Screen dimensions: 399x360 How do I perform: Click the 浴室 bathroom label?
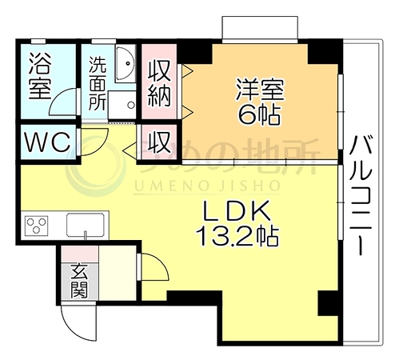pyautogui.click(x=39, y=77)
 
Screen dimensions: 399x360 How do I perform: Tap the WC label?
pyautogui.click(x=48, y=142)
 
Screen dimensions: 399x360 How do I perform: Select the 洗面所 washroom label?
pyautogui.click(x=98, y=83)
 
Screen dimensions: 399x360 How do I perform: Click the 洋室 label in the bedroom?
pyautogui.click(x=260, y=90)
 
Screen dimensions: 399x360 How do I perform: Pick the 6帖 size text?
pyautogui.click(x=260, y=114)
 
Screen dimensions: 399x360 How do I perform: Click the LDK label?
pyautogui.click(x=237, y=210)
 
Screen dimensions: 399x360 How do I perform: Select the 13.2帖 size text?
pyautogui.click(x=237, y=236)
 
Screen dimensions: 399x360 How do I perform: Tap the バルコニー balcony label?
pyautogui.click(x=361, y=195)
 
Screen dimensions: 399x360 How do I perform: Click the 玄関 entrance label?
pyautogui.click(x=79, y=280)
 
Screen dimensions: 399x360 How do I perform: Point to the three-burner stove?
pyautogui.click(x=36, y=226)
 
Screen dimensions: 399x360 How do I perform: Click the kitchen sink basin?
pyautogui.click(x=85, y=225)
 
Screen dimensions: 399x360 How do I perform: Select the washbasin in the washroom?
pyautogui.click(x=126, y=64)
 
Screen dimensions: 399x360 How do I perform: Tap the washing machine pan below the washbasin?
pyautogui.click(x=122, y=105)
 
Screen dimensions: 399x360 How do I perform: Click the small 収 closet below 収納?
pyautogui.click(x=159, y=142)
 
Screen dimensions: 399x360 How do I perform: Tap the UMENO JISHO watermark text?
pyautogui.click(x=207, y=186)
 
